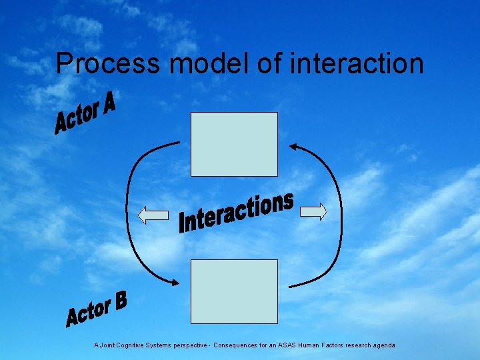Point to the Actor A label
85,113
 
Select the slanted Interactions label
237,213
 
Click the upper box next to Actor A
234,144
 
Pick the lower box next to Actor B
234,291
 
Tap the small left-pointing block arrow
153,215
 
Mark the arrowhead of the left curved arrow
175,283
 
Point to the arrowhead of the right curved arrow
293,146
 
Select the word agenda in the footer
383,345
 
